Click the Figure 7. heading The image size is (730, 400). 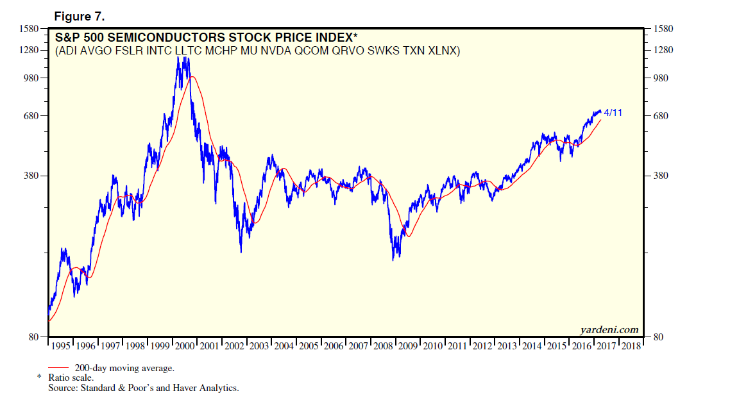coord(80,16)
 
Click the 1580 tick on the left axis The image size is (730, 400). coord(30,28)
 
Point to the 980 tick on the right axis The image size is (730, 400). coord(662,78)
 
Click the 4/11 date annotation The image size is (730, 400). coord(613,113)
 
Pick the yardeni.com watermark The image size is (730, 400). coord(609,329)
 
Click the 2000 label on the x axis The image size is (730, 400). coord(185,346)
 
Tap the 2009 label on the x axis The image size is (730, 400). coord(408,346)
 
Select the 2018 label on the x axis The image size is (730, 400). coord(631,346)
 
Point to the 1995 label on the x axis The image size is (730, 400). coord(61,346)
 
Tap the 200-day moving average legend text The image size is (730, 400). coord(124,368)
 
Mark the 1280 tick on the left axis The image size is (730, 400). coord(30,50)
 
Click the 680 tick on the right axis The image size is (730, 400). coord(662,116)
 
